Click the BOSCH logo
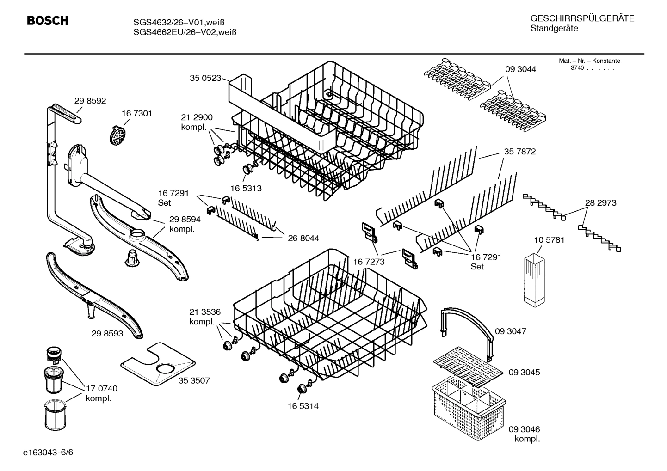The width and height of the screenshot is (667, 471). click(47, 21)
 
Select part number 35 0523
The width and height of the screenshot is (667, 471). click(205, 78)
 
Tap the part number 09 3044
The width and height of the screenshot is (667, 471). click(520, 69)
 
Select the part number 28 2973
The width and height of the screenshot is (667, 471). click(600, 202)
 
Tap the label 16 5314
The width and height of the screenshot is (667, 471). click(303, 406)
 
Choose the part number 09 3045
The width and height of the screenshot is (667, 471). click(524, 372)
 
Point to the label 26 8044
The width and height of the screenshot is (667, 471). click(303, 238)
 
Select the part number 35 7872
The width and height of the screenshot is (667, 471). click(520, 151)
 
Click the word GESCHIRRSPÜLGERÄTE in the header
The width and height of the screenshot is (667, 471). click(582, 18)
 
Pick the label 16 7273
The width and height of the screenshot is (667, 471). click(369, 262)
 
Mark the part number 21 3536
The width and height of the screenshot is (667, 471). click(205, 312)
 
